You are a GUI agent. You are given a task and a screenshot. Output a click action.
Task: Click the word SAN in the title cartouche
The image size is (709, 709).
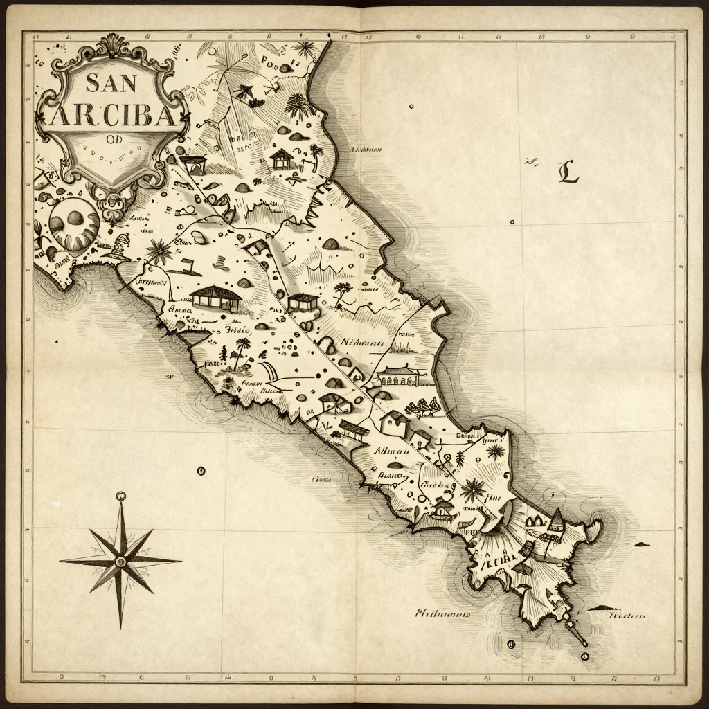coord(111,84)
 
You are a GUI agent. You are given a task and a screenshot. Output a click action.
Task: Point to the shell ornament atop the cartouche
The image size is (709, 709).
coord(111,47)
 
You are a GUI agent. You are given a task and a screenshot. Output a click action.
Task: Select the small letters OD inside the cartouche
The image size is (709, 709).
coord(114,136)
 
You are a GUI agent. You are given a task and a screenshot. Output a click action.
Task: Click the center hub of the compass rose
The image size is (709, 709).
coord(121,559)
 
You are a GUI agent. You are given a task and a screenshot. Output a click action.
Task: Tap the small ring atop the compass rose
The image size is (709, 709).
coord(121,496)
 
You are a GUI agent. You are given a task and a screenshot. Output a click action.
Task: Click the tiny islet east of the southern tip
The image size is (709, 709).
coord(641,544)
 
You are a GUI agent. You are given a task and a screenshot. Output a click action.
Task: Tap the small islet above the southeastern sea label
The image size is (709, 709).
coord(599,608)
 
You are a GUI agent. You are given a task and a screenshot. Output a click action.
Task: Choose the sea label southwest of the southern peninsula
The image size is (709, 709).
coord(442,613)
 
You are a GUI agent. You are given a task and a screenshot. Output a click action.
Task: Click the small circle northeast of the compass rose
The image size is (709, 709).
coord(201,471)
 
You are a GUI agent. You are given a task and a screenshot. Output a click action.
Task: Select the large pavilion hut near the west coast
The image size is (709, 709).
coord(215,298)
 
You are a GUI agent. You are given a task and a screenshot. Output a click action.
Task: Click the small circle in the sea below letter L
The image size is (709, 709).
coord(512,222)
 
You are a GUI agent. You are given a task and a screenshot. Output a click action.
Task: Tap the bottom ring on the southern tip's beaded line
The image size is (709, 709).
coord(584,655)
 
